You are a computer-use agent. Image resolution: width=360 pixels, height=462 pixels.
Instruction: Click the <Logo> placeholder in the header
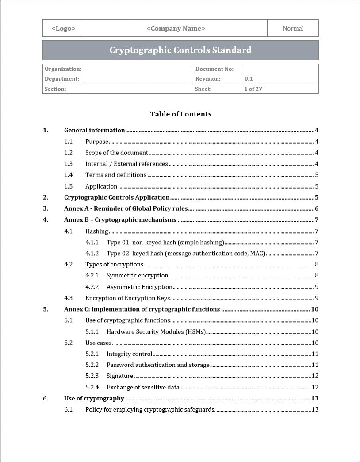click(63, 28)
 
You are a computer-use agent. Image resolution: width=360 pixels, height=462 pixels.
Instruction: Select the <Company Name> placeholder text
click(176, 28)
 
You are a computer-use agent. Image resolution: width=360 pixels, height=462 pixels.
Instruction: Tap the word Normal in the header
click(293, 28)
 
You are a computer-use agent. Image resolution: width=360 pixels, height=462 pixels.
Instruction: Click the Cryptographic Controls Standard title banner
click(180, 50)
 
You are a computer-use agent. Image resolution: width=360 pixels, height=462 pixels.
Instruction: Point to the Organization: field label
click(63, 69)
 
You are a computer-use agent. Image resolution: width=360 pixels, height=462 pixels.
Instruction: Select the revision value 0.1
click(249, 79)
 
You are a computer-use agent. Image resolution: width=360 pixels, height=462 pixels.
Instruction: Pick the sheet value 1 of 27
click(253, 89)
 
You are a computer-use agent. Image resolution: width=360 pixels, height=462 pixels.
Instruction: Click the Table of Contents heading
click(180, 114)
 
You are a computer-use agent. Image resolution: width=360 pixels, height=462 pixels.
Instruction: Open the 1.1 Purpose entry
click(97, 142)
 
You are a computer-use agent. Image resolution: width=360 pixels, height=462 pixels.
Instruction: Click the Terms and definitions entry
click(116, 175)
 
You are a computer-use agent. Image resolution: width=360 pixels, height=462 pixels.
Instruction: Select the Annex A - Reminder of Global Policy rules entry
click(126, 208)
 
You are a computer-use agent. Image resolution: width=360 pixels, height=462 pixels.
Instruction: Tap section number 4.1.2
click(92, 254)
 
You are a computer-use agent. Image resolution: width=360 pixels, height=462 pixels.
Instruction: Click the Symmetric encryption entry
click(137, 276)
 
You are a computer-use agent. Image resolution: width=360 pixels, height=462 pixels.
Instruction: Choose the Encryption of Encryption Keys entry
click(127, 298)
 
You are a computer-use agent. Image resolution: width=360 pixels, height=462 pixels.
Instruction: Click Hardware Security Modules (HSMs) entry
click(156, 332)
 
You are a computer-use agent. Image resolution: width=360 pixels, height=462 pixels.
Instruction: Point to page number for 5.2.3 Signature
click(315, 376)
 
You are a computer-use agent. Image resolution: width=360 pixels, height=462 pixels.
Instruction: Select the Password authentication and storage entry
click(158, 365)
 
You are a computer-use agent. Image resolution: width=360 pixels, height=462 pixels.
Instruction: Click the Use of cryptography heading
click(94, 398)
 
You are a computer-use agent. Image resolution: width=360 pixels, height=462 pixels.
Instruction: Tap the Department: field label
click(62, 79)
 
